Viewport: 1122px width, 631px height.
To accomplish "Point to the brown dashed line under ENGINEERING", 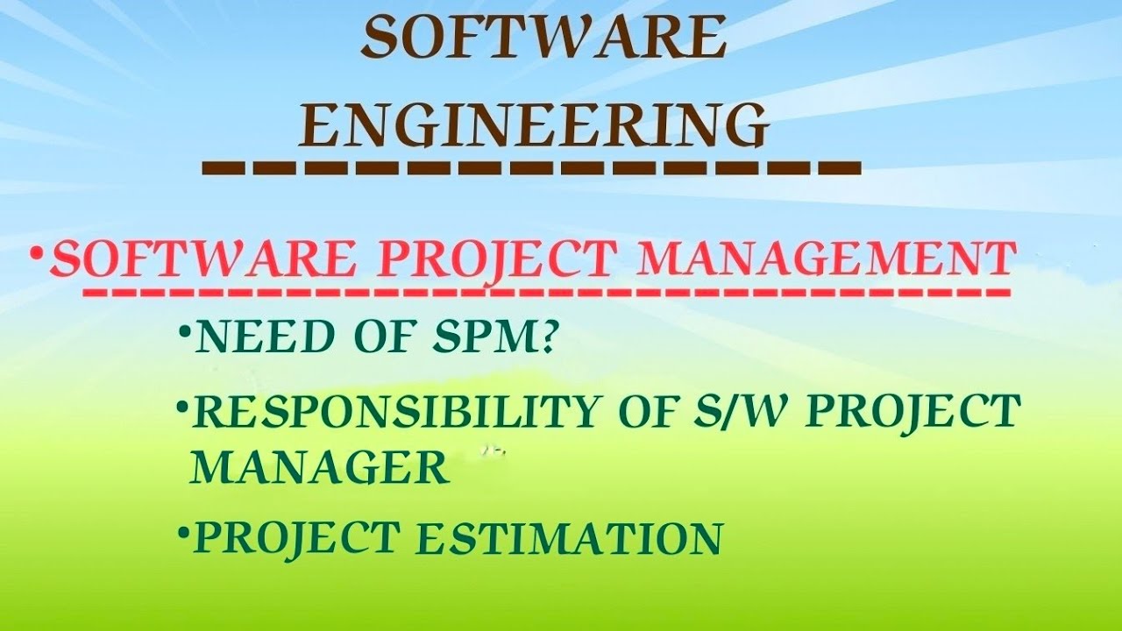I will click(x=530, y=167).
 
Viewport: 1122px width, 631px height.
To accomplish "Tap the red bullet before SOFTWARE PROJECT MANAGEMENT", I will click(x=36, y=254).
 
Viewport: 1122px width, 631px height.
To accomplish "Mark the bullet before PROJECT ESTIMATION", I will click(x=181, y=531).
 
